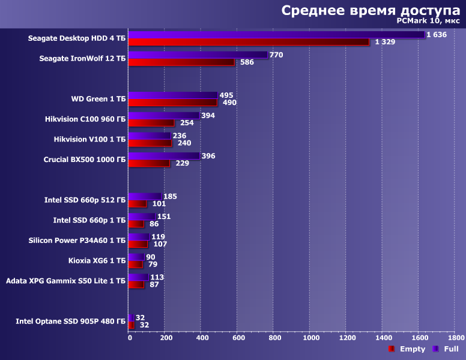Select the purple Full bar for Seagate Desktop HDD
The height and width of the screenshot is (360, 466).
276,35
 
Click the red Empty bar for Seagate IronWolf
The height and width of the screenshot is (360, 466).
181,62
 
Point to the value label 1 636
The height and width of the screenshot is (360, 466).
437,35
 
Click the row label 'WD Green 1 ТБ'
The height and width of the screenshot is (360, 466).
98,99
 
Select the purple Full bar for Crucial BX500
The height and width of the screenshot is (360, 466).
164,156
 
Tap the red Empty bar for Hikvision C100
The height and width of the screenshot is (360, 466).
151,123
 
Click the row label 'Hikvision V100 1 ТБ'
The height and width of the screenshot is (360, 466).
89,139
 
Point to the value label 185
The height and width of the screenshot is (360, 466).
171,196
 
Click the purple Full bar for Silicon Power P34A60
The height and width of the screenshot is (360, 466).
139,237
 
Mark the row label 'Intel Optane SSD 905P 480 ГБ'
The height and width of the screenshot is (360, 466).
71,322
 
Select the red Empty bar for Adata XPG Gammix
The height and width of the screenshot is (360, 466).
136,284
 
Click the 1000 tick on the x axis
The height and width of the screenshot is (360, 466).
311,338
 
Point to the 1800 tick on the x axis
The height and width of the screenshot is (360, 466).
456,338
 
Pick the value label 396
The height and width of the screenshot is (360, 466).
208,156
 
